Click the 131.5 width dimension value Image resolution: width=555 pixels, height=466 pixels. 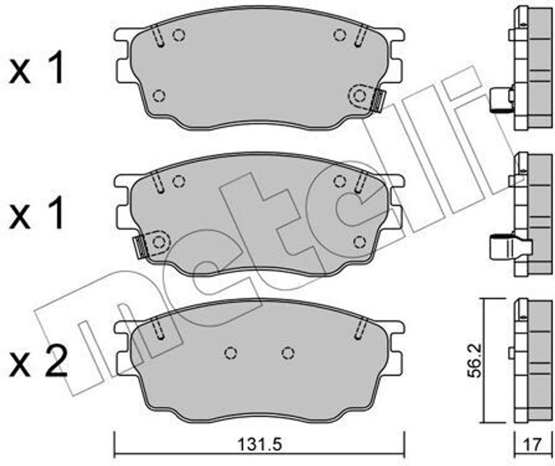coord(260,444)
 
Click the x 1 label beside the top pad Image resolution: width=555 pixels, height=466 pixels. coord(37,68)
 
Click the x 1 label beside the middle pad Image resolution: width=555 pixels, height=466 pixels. coord(37,214)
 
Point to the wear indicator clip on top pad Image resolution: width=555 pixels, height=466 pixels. coord(379,101)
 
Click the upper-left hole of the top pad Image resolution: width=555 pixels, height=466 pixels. coord(179,35)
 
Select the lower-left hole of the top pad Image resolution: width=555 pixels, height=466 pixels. coord(159,95)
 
